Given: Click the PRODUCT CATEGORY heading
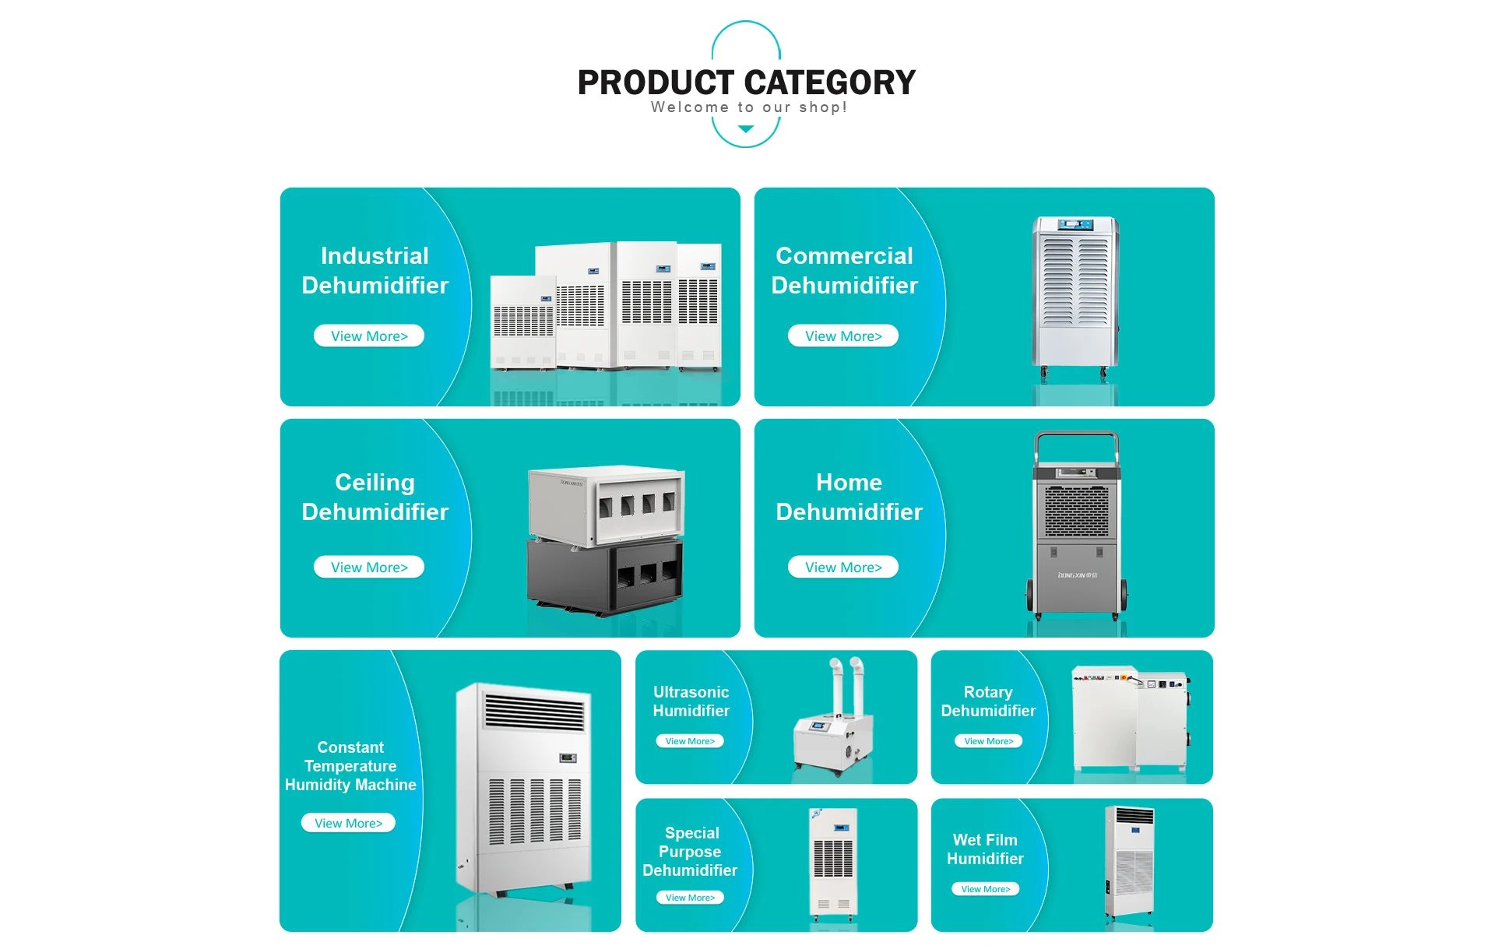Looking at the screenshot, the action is tap(746, 83).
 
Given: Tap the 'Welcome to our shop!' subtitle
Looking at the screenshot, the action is tap(748, 107).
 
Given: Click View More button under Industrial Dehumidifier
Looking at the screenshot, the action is tap(369, 336).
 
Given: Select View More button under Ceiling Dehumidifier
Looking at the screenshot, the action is tap(369, 568).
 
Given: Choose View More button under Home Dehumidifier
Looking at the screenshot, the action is tap(843, 568).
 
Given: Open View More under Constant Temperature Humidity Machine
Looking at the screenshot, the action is tap(348, 824).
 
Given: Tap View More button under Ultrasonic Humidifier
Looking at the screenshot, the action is tap(690, 741).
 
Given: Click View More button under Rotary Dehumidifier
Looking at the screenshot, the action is tap(988, 741).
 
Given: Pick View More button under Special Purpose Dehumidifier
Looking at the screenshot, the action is tap(690, 898).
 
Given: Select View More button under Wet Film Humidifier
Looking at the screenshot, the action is tap(985, 889).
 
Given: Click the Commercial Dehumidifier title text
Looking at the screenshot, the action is tap(844, 270).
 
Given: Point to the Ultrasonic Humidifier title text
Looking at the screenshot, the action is tap(691, 701).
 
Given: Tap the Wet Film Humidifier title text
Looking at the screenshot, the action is tap(985, 849).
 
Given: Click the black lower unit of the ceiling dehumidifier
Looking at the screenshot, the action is tap(606, 576).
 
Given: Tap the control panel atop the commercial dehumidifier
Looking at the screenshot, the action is tap(1075, 225).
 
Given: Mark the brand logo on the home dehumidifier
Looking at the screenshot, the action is tap(1077, 575).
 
